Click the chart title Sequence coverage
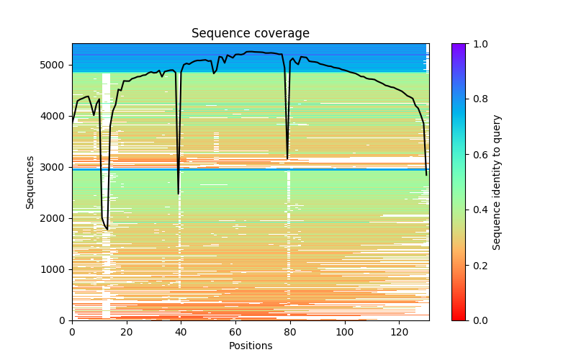coord(251,34)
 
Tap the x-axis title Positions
coord(251,346)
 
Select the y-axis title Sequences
coord(30,181)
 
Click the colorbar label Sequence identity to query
coord(497,181)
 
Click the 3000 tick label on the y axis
coord(55,167)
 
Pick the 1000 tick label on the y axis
coord(55,269)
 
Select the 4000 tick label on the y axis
coord(55,116)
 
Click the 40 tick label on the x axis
coord(181,332)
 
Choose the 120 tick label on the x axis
coord(399,332)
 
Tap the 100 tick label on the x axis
coord(345,332)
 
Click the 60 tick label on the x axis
coord(235,332)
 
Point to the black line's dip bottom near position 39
coord(179,194)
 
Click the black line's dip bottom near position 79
coord(287,158)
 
